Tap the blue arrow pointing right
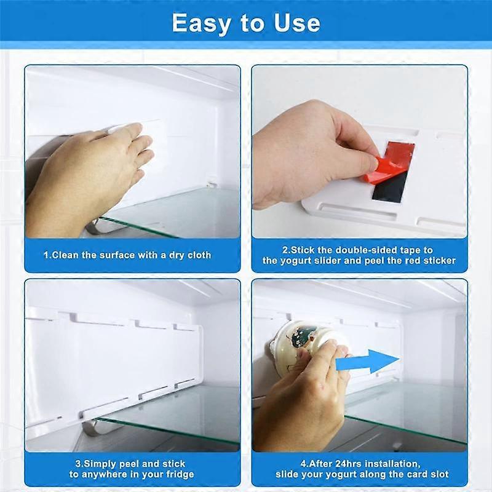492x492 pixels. (367, 362)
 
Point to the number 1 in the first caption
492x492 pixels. (46, 255)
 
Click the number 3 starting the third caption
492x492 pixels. (78, 463)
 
